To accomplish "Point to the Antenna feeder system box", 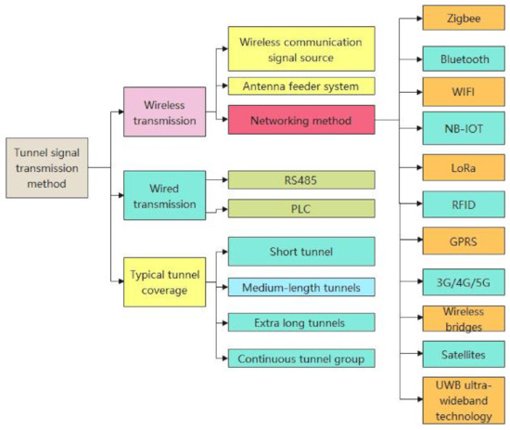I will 301,87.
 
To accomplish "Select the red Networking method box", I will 301,120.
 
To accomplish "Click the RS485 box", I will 301,180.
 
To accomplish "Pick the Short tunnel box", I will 301,251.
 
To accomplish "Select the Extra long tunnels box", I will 301,321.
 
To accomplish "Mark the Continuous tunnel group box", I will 301,356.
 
